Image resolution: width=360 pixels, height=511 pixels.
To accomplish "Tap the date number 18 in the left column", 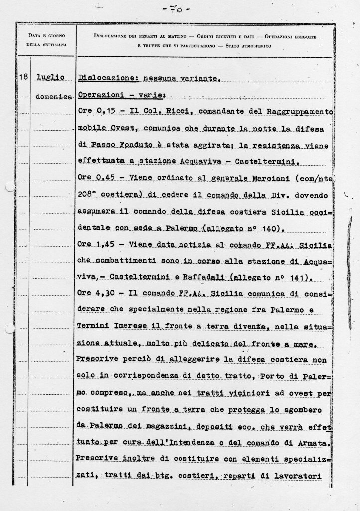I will [23, 77].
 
